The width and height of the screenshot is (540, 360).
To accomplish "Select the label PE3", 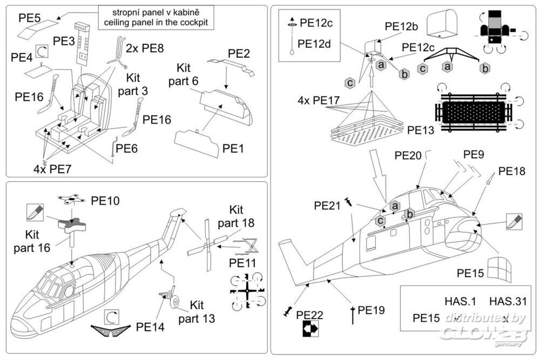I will click(x=64, y=40).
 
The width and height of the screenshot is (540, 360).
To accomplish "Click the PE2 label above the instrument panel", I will click(x=239, y=54).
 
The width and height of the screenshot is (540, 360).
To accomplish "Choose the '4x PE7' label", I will click(x=52, y=168).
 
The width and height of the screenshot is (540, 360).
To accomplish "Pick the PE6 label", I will click(x=127, y=147).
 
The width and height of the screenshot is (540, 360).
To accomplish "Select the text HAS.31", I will click(x=507, y=301).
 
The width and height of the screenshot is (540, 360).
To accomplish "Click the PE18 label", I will click(x=511, y=171).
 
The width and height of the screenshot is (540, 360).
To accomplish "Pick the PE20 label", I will click(x=408, y=155).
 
